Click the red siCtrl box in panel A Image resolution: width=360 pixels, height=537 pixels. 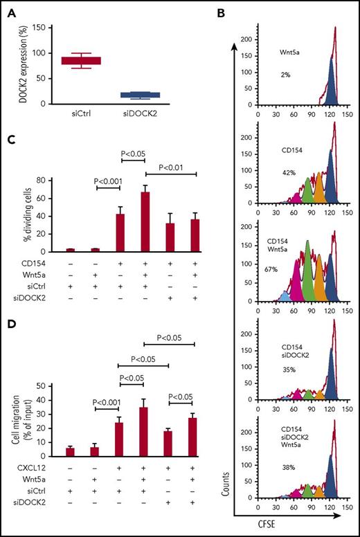click(81, 61)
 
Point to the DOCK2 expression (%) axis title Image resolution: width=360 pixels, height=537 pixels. click(13, 66)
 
